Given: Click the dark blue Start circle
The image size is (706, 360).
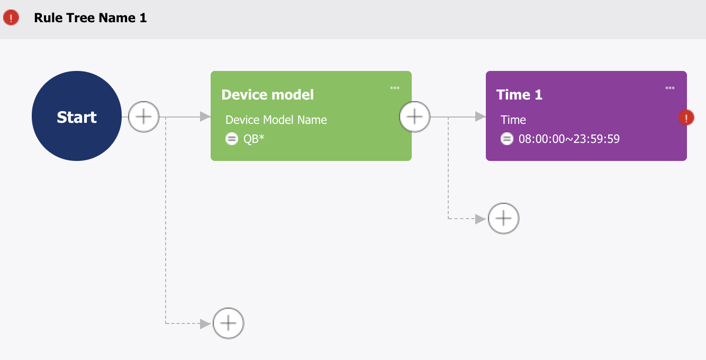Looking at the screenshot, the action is coord(77,116).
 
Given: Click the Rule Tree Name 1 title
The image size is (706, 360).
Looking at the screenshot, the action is coord(90,17).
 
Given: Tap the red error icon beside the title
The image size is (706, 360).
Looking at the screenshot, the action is coord(11,17).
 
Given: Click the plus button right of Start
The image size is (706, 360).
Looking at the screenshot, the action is coord(144,117).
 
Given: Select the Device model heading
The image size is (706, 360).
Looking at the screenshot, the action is coord(268,95).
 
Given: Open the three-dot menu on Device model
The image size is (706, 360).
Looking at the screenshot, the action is coord(395,88).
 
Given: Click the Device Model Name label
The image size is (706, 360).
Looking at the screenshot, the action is coord(276,120).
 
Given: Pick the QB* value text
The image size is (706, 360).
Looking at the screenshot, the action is coord(254,139).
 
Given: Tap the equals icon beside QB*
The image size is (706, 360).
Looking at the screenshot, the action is coord(232,139).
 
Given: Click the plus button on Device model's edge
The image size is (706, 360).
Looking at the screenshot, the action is coord(415,117).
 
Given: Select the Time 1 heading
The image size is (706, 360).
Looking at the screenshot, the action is coord(519,95).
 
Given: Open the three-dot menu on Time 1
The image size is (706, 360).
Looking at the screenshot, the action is coord(670,88).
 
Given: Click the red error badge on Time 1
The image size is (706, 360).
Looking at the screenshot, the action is coord(686,118).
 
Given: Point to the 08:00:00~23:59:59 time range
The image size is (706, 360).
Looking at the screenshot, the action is coord(569,139).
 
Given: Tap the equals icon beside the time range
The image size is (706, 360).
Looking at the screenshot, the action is coord(507,139).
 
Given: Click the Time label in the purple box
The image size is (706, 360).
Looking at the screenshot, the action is coord(513,120).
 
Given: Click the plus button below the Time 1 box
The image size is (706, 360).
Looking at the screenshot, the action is coord(504,219).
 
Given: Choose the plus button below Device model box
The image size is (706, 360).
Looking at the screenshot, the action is coord(229,323).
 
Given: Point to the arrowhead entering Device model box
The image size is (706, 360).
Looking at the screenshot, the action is coord(205,116).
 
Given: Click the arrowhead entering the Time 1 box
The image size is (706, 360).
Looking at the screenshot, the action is coord(481,116).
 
